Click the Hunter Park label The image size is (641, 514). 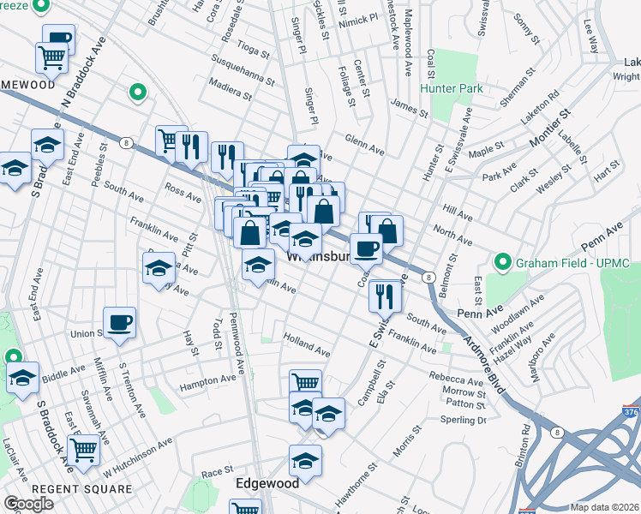(451, 88)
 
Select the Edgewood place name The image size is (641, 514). (267, 483)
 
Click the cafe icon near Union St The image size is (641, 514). (120, 322)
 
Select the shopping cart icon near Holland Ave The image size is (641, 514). (306, 383)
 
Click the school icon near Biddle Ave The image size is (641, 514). (23, 377)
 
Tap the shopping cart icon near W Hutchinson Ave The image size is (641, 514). (84, 449)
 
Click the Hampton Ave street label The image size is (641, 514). (207, 380)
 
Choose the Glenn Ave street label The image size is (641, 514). (364, 143)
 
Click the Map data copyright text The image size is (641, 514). (604, 506)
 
